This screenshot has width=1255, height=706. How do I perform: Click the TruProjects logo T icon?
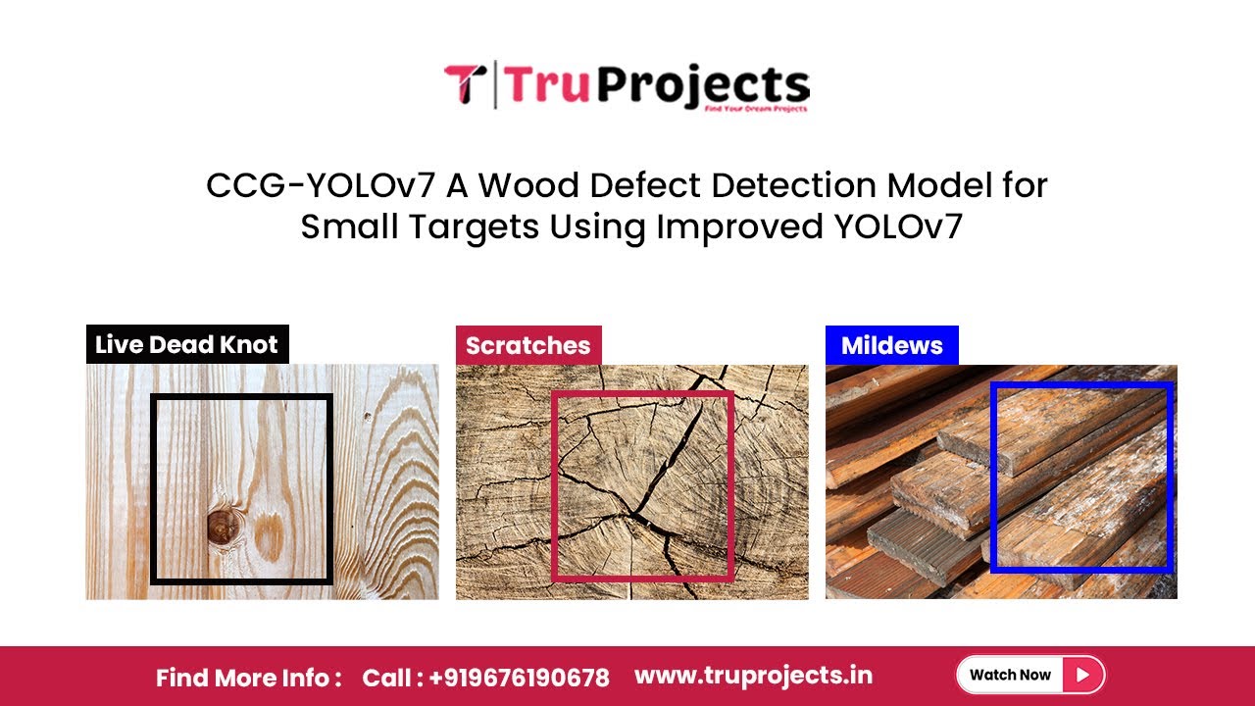click(x=465, y=84)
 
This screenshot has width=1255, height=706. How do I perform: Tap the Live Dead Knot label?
click(x=187, y=345)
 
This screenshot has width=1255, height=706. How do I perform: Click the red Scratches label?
click(x=528, y=345)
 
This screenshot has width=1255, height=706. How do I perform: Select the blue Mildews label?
click(x=891, y=345)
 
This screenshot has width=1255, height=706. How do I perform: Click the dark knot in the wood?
click(x=224, y=528)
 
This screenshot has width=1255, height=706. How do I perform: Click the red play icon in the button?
click(x=1082, y=675)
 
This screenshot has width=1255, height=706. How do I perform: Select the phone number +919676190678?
click(x=518, y=678)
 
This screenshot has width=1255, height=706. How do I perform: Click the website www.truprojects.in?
click(x=753, y=676)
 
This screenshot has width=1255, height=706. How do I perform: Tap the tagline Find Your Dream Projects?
click(x=755, y=109)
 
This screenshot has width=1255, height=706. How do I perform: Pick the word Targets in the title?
click(x=477, y=227)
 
